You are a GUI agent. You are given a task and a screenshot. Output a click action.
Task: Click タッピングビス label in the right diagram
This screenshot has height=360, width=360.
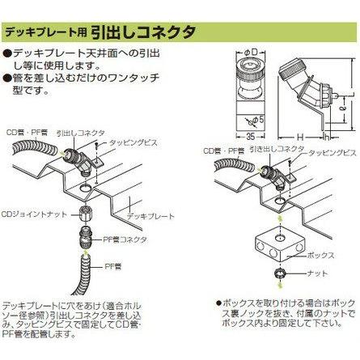(x=327, y=152)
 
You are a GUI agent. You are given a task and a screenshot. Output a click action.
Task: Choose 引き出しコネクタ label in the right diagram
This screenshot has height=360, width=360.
(x=271, y=151)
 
